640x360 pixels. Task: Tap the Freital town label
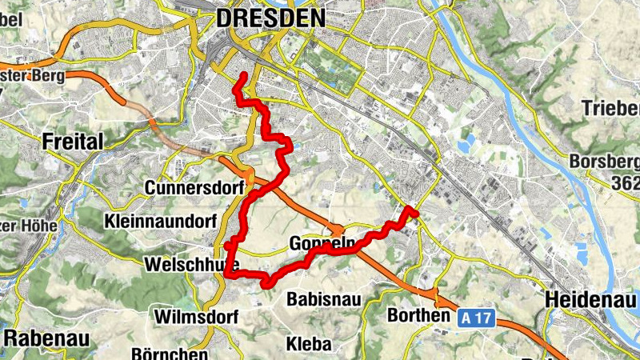73,142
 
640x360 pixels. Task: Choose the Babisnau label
324,298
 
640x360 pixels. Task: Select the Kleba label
308,344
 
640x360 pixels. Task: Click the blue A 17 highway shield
477,318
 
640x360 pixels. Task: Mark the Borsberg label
605,162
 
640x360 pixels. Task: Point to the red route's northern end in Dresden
243,75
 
